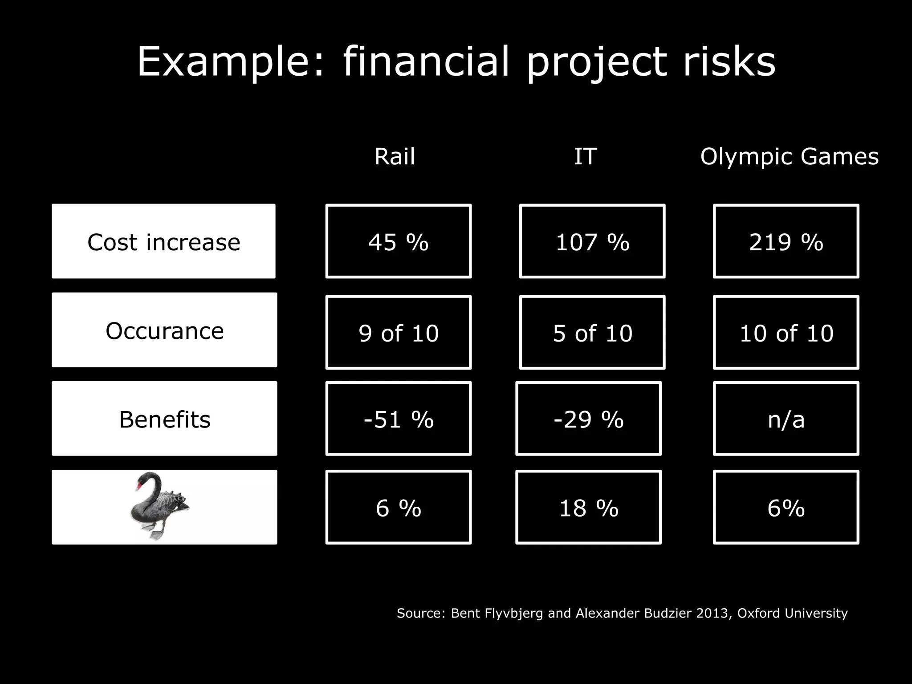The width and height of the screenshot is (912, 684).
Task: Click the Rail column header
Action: click(x=395, y=156)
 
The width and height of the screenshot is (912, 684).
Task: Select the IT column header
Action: click(x=585, y=156)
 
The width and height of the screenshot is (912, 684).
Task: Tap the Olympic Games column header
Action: click(x=789, y=156)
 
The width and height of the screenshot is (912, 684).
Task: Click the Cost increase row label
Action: click(x=163, y=242)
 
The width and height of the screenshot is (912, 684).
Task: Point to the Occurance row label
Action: click(x=164, y=330)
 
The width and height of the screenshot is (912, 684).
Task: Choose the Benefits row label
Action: click(x=164, y=419)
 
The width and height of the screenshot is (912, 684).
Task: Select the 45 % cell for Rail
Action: click(x=398, y=242)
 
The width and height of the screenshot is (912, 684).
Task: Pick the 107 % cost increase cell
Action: click(x=592, y=242)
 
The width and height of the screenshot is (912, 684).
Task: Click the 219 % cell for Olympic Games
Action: click(x=786, y=242)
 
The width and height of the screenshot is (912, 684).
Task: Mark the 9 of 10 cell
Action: click(x=398, y=333)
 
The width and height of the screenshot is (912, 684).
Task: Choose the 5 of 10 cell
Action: click(x=592, y=333)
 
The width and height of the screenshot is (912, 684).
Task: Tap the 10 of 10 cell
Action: click(x=786, y=333)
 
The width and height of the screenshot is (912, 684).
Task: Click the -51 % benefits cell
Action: click(x=398, y=419)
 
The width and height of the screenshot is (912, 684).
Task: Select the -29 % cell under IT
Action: click(x=588, y=419)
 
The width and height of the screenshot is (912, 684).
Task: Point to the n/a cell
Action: click(x=786, y=419)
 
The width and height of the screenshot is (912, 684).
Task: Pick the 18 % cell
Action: click(x=588, y=508)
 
